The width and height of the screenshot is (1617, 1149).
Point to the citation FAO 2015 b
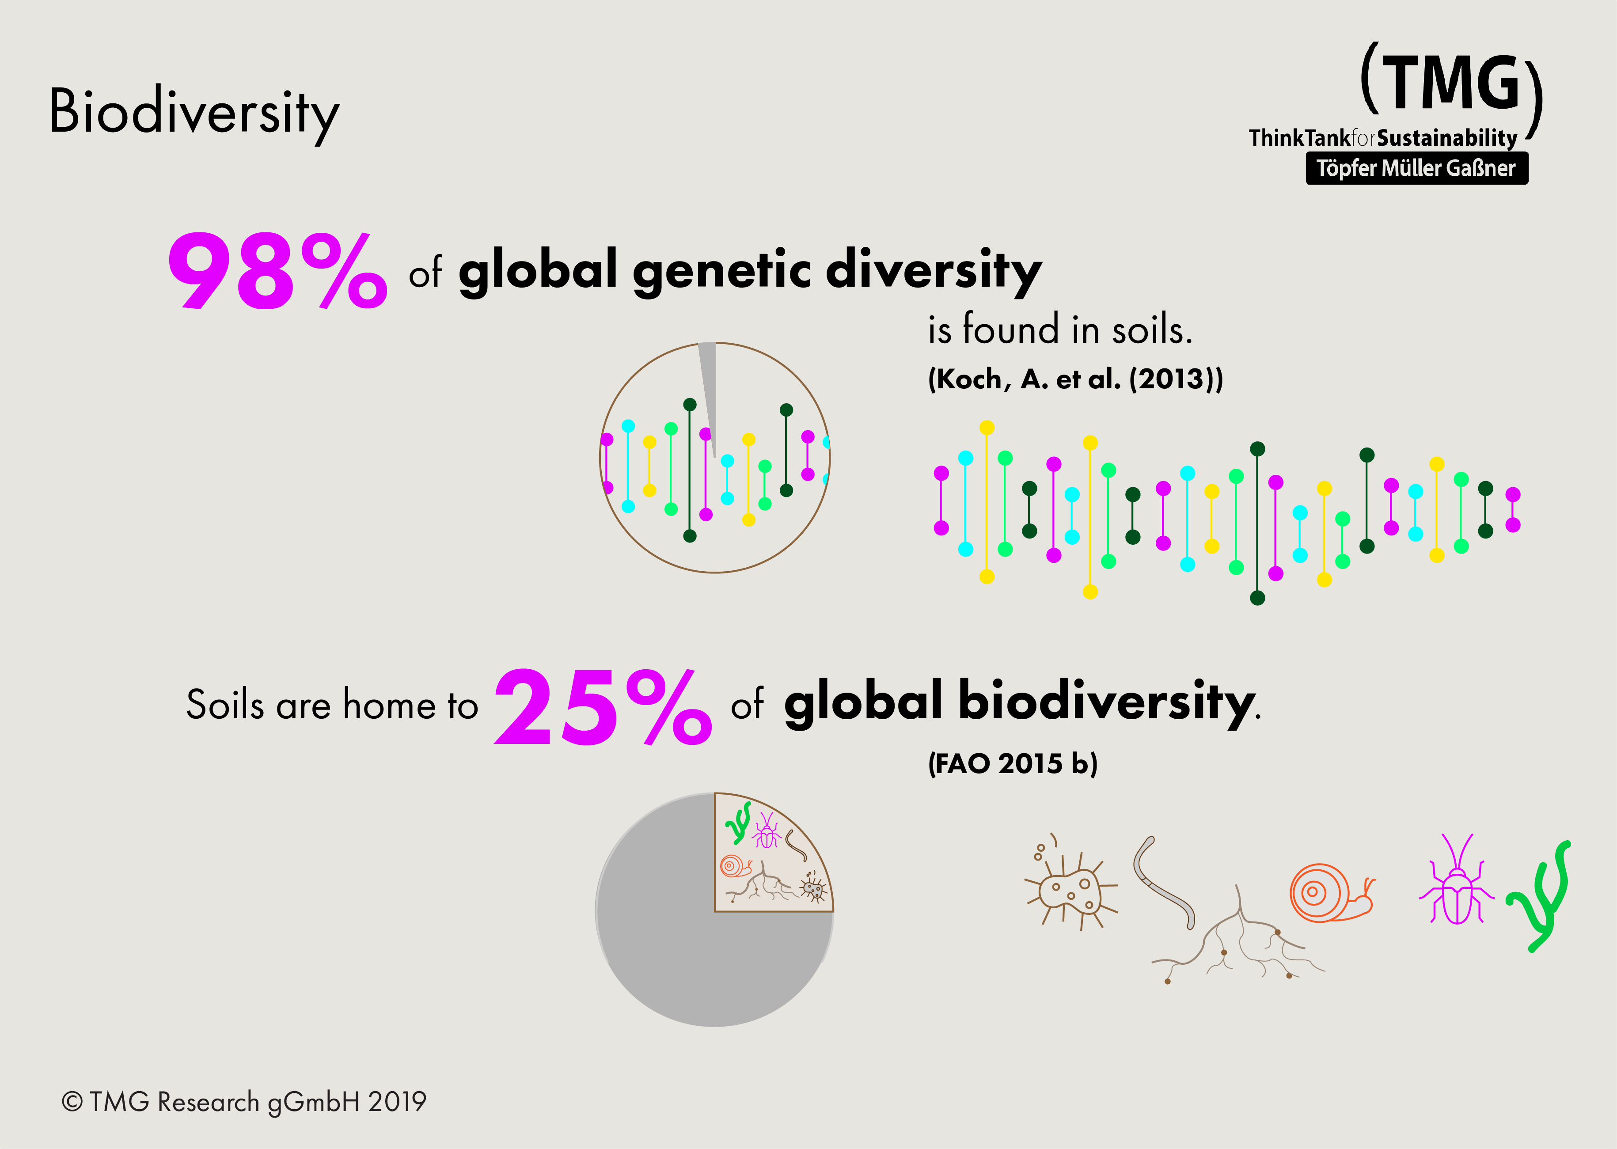[1013, 763]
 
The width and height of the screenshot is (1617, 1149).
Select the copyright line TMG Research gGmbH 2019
[244, 1102]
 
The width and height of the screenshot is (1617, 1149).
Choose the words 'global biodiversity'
[1019, 702]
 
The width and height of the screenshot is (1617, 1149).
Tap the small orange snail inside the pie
[735, 866]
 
